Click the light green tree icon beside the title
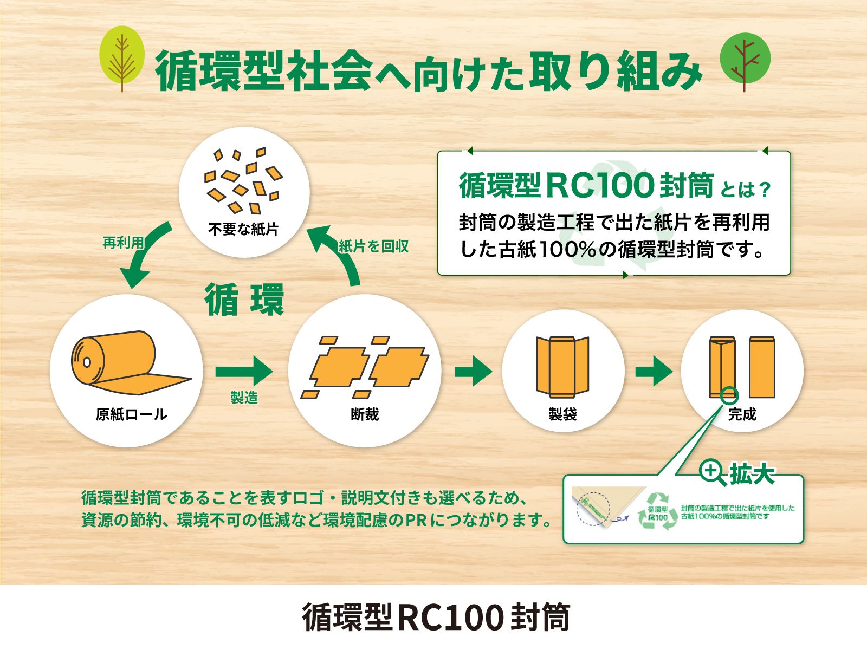tap(122, 58)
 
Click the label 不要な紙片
tap(243, 229)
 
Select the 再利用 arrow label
tap(123, 243)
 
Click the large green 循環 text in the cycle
tap(244, 300)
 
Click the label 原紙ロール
tap(131, 414)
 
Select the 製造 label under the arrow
tap(244, 398)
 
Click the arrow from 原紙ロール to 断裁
tap(244, 371)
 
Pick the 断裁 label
tap(365, 414)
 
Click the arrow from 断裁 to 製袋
tap(474, 371)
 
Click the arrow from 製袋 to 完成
tap(654, 371)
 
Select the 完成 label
tap(742, 414)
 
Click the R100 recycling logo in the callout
tap(658, 511)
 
